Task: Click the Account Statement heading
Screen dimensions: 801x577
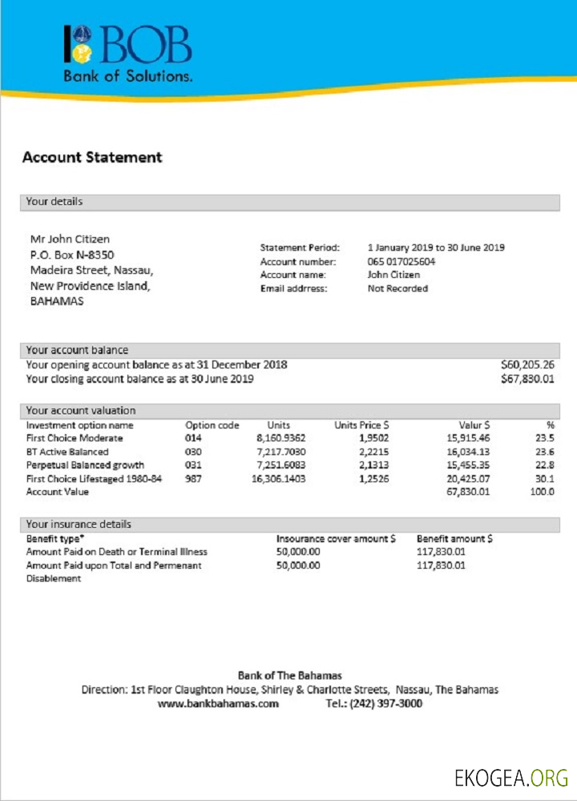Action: (x=92, y=157)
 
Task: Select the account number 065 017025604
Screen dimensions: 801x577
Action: (x=401, y=261)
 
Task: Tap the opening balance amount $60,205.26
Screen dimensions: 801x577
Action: (x=527, y=364)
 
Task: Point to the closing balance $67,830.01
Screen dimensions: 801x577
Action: (x=527, y=378)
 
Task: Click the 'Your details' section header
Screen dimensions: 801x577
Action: (x=54, y=202)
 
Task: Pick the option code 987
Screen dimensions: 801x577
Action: (x=194, y=478)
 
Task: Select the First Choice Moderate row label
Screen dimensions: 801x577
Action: (x=75, y=438)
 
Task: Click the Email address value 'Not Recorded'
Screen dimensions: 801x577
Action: (x=397, y=288)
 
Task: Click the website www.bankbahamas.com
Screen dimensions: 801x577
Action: (x=218, y=704)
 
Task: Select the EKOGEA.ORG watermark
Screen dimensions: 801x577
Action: (x=510, y=777)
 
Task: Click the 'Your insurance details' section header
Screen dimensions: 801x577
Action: (x=79, y=524)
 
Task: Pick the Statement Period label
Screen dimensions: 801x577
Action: (x=300, y=248)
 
